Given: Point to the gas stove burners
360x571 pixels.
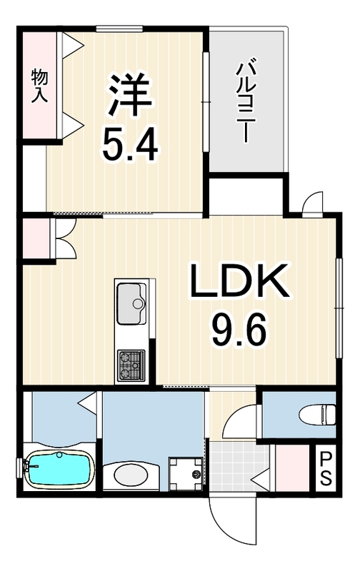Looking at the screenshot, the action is point(131,365).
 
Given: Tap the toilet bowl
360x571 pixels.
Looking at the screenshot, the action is point(317,414).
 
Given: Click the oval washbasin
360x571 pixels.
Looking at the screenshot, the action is point(131,475).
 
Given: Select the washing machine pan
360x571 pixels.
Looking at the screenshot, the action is point(185,474).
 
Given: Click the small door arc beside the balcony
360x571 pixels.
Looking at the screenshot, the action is point(311,201).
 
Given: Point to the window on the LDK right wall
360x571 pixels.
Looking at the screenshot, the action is point(339,308).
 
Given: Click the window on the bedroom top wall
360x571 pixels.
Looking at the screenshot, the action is point(119,29).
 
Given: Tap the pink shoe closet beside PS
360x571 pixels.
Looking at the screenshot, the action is point(292,468).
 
